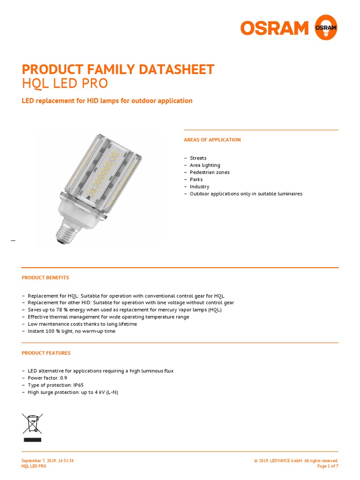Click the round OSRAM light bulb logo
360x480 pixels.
click(x=326, y=28)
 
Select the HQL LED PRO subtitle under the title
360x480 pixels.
click(x=65, y=83)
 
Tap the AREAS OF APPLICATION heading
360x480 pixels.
click(x=212, y=140)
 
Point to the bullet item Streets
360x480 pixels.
click(x=198, y=158)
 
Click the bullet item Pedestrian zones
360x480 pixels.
click(x=210, y=172)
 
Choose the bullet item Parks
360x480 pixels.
click(x=196, y=180)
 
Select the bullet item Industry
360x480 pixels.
click(x=199, y=187)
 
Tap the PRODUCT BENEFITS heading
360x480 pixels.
click(x=45, y=277)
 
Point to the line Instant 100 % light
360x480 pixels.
click(x=71, y=331)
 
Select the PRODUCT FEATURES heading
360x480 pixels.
click(x=46, y=353)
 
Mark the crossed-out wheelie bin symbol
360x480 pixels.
click(x=32, y=424)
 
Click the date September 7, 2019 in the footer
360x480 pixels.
click(x=41, y=461)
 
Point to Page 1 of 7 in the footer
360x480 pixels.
click(x=328, y=466)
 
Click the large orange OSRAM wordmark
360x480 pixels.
click(x=275, y=28)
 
